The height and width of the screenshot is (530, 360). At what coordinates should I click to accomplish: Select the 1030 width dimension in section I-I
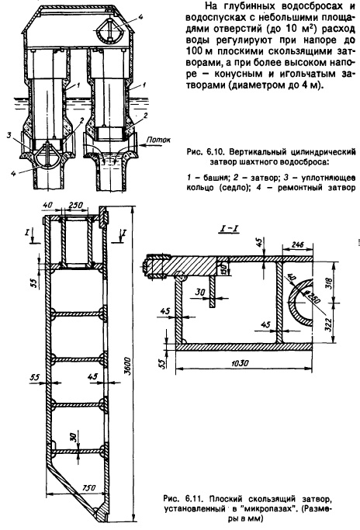(x=240, y=363)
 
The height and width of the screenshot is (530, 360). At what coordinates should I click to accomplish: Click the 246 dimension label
(x=297, y=244)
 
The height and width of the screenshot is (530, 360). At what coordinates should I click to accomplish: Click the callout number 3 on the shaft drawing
(x=10, y=136)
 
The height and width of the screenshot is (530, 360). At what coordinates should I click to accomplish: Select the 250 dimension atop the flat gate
(x=75, y=206)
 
